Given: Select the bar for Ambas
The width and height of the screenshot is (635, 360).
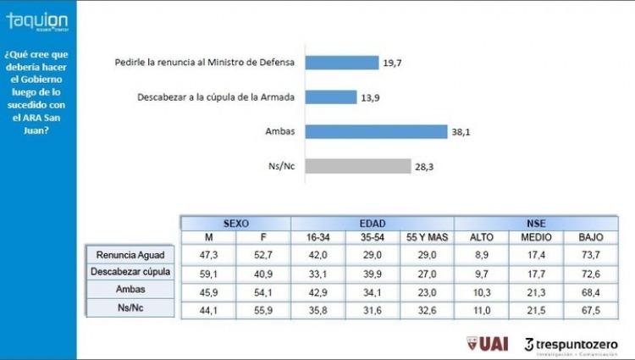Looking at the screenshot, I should click(375, 132).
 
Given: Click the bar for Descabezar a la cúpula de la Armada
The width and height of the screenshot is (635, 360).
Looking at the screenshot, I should click(330, 97).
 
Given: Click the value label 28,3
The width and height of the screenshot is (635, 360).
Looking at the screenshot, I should click(424, 167).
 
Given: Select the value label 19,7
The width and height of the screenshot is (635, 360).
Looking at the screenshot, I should click(392, 62).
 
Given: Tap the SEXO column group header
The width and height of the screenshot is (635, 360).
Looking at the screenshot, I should click(235, 222).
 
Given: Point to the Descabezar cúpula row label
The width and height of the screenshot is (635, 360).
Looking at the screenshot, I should click(131, 271).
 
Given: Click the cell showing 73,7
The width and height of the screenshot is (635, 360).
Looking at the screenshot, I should click(591, 252).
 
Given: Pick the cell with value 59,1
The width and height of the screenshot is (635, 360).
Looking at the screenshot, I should click(207, 273).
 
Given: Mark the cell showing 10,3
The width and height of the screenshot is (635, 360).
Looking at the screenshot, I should click(481, 291).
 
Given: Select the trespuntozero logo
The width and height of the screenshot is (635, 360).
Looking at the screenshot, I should click(571, 343).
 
